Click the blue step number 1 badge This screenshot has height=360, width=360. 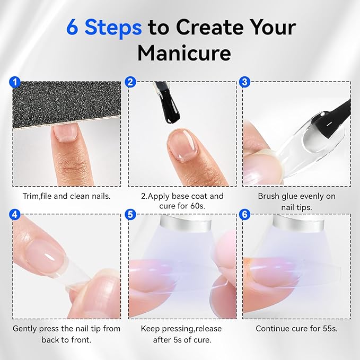[15, 82]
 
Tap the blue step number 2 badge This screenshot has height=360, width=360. [130, 82]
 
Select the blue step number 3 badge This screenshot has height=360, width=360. [244, 82]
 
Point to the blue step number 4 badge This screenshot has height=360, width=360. [15, 214]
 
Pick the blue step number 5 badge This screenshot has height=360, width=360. [130, 214]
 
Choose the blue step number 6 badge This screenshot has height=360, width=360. [244, 214]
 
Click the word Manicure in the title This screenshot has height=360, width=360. [184, 53]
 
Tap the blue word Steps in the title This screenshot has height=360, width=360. [113, 28]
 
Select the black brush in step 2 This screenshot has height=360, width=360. [168, 102]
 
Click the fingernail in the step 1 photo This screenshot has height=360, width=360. [65, 133]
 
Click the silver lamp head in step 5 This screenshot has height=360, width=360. [186, 223]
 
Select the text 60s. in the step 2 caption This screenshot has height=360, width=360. [197, 206]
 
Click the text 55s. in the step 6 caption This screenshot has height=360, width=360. [329, 329]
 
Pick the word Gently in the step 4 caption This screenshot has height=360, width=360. [25, 329]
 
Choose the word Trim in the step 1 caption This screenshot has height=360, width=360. [31, 196]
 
